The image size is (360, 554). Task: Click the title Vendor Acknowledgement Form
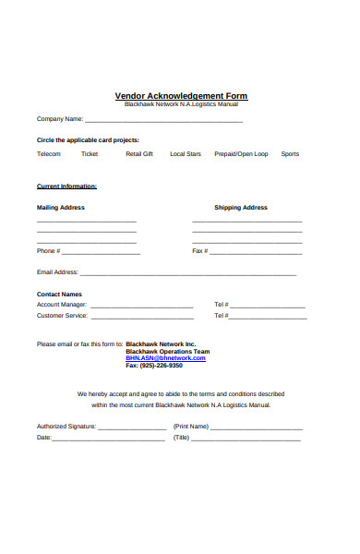(181, 96)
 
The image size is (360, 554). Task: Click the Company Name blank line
(164, 120)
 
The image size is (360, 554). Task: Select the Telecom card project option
(49, 154)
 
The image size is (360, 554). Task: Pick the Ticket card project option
(90, 154)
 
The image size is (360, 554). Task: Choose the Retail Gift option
(139, 154)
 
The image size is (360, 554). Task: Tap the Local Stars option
(186, 154)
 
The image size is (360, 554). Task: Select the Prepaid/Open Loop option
(241, 154)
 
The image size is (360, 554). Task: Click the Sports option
(290, 154)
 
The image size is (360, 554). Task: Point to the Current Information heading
(66, 187)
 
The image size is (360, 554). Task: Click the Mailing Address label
(61, 208)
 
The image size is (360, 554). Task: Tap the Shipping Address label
(241, 208)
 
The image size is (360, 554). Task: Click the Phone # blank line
(101, 252)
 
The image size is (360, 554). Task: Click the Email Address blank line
(188, 274)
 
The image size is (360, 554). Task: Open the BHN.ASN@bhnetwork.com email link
(166, 358)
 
